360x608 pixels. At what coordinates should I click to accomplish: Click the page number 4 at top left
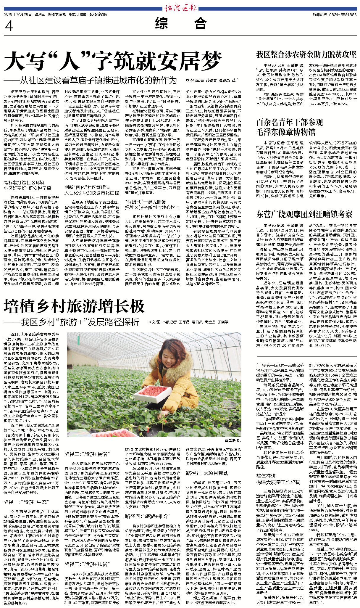(9, 26)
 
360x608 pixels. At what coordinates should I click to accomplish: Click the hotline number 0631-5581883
(343, 15)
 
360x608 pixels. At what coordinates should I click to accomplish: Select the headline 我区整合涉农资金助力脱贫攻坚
(306, 54)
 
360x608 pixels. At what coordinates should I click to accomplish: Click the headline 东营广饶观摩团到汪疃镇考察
(304, 214)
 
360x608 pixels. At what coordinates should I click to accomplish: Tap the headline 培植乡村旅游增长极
(74, 306)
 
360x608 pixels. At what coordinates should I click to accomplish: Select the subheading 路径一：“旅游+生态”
(26, 502)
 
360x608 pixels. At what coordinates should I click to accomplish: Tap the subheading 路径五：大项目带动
(207, 473)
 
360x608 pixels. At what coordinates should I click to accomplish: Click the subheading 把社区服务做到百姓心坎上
(152, 207)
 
